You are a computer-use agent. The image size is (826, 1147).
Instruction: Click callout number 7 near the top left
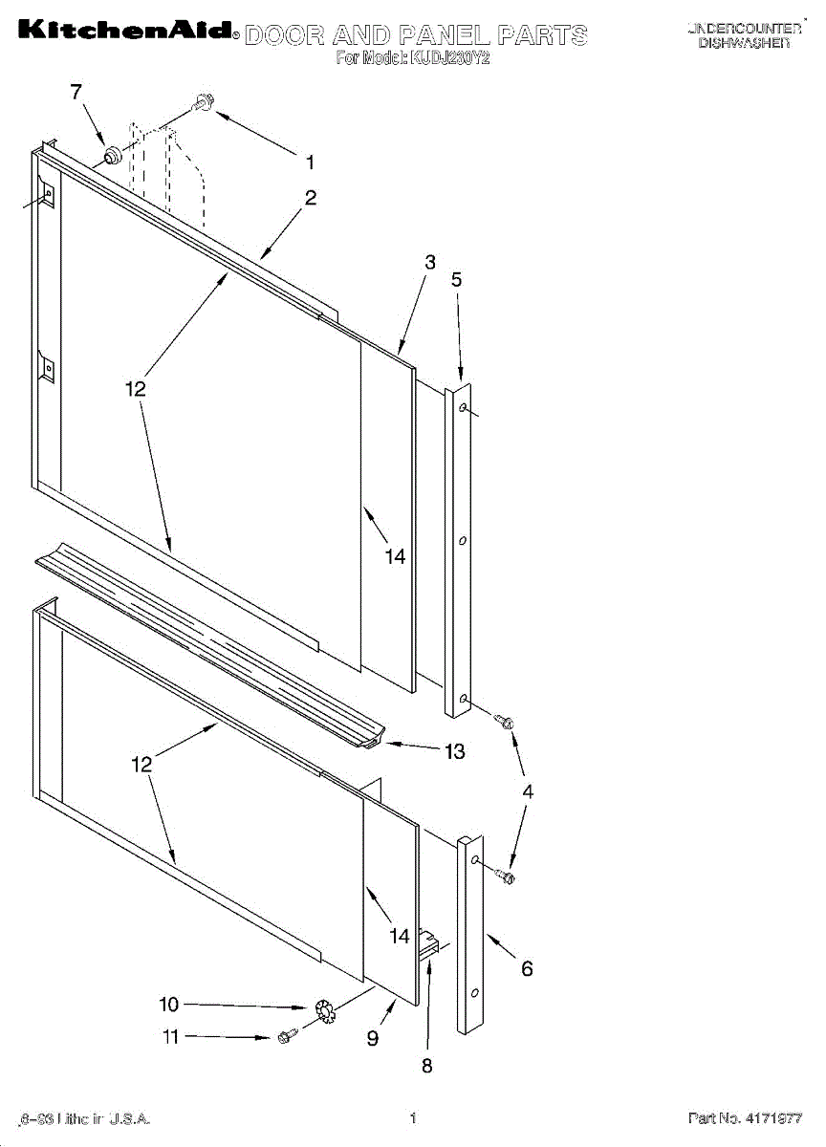pyautogui.click(x=76, y=92)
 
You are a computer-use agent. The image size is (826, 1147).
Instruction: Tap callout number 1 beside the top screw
pyautogui.click(x=310, y=162)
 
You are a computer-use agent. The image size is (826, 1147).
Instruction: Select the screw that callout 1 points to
pyautogui.click(x=204, y=101)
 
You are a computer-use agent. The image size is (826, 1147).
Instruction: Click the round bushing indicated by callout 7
pyautogui.click(x=112, y=152)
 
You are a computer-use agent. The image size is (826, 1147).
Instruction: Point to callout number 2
pyautogui.click(x=311, y=198)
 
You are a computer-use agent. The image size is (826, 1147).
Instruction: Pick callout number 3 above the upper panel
pyautogui.click(x=430, y=262)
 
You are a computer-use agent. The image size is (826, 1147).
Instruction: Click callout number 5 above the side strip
pyautogui.click(x=456, y=279)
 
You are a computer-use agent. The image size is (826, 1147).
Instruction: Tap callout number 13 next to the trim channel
pyautogui.click(x=454, y=751)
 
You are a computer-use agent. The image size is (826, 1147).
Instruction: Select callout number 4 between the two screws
pyautogui.click(x=527, y=791)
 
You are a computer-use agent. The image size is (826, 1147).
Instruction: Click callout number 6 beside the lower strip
pyautogui.click(x=527, y=968)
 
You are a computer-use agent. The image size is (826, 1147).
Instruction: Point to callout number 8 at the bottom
pyautogui.click(x=427, y=1066)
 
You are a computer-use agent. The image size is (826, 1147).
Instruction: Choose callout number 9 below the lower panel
pyautogui.click(x=373, y=1037)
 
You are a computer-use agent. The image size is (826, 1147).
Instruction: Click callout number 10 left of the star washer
pyautogui.click(x=168, y=1005)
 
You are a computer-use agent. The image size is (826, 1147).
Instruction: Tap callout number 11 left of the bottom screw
pyautogui.click(x=170, y=1037)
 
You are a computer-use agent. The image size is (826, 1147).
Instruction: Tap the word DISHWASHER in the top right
pyautogui.click(x=744, y=44)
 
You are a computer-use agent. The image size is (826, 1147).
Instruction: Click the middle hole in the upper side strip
pyautogui.click(x=463, y=541)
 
